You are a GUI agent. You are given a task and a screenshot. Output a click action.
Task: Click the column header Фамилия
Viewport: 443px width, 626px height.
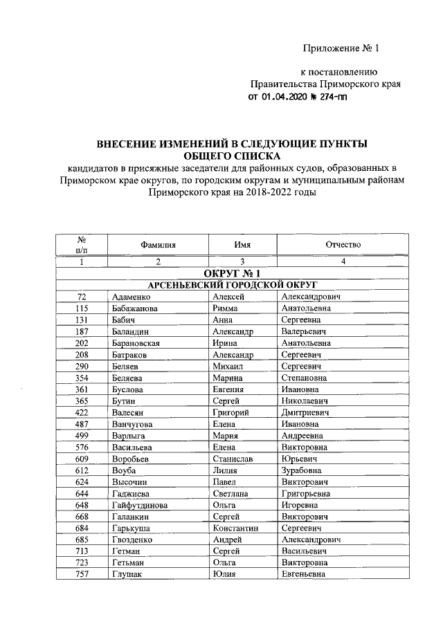click(157, 245)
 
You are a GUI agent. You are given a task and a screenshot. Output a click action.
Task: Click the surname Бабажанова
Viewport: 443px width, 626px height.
click(138, 309)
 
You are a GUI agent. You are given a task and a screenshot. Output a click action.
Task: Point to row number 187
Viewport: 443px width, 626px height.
click(81, 331)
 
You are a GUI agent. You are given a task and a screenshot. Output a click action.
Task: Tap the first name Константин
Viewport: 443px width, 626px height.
click(237, 528)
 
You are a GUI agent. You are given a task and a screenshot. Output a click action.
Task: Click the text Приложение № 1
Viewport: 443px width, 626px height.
click(342, 48)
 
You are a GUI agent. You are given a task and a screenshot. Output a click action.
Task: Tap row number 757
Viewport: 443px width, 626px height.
click(81, 574)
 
